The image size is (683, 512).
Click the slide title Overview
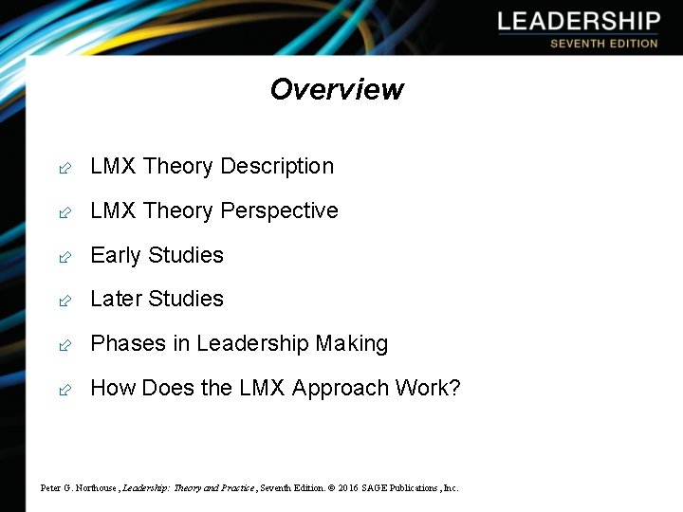click(337, 89)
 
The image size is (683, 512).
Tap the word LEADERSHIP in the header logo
click(578, 22)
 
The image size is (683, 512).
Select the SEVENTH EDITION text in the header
click(603, 44)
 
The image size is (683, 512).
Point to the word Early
click(115, 256)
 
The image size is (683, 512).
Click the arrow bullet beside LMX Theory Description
click(64, 169)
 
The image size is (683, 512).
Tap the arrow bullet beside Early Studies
click(64, 257)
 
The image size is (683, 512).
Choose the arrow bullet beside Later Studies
click(64, 301)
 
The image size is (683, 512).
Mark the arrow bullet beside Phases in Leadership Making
click(64, 345)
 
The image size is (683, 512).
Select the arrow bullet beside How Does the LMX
click(64, 390)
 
